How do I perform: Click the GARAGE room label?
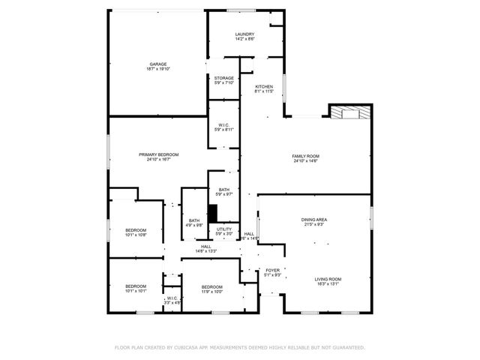[157, 64]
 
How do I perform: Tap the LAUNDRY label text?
[244, 34]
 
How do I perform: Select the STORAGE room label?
[223, 78]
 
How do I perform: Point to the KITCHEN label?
[264, 87]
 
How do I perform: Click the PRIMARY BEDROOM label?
[158, 154]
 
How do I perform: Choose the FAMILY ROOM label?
[305, 156]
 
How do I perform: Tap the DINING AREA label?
[314, 220]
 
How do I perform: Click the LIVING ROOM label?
[327, 279]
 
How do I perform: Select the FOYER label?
[272, 271]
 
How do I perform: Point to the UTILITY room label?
[224, 229]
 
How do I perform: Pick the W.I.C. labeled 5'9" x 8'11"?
[223, 124]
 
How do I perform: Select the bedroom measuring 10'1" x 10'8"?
[135, 230]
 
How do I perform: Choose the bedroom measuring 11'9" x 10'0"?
[211, 286]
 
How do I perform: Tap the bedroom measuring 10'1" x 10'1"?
[135, 286]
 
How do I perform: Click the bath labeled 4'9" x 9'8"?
[194, 220]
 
